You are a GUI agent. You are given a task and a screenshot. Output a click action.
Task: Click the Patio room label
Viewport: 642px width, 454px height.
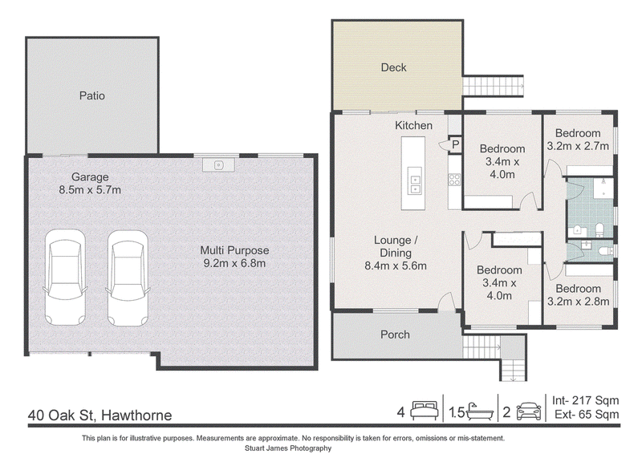click(x=92, y=95)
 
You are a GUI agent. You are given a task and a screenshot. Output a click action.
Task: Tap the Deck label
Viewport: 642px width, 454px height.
click(x=393, y=67)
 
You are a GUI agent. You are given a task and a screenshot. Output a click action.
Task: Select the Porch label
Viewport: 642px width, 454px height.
click(x=395, y=334)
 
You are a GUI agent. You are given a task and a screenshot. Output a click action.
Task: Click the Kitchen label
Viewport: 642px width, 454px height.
click(x=413, y=125)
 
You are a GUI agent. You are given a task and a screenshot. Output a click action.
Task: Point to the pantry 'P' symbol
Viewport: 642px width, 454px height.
click(x=455, y=144)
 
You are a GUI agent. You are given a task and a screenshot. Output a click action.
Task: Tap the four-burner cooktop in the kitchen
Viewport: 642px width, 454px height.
click(x=455, y=180)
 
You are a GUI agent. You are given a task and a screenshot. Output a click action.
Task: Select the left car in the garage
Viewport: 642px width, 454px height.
click(x=65, y=278)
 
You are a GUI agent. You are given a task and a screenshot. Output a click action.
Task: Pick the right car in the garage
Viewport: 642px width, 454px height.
click(x=128, y=278)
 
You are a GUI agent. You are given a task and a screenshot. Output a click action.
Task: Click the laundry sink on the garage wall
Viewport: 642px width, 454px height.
click(x=218, y=165)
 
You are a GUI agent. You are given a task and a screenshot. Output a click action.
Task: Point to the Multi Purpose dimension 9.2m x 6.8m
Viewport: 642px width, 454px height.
click(x=234, y=263)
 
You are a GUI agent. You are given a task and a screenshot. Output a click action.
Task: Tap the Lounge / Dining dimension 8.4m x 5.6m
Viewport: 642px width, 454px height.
click(x=396, y=266)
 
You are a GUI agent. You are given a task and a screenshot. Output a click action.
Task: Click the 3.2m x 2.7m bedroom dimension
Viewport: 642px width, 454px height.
click(x=578, y=146)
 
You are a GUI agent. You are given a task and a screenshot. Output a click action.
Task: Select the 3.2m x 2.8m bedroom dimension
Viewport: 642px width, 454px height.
click(x=579, y=302)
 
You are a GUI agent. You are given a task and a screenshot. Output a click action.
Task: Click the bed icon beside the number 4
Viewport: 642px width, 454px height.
click(x=425, y=411)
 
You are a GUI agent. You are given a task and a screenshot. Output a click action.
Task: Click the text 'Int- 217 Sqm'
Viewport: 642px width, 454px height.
click(x=586, y=400)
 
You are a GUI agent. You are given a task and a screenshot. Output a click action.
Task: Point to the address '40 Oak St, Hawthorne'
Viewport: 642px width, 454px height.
click(x=100, y=415)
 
